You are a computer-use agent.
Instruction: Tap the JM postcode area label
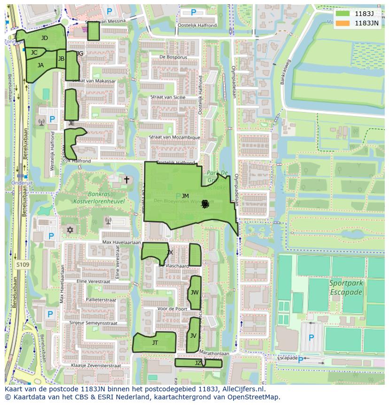click(185, 196)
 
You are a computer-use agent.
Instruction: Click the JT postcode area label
click(155, 343)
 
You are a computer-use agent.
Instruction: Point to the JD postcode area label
click(44, 38)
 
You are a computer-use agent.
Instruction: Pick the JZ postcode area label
click(198, 363)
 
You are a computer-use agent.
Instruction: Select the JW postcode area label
click(194, 293)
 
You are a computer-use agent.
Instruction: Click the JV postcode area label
click(193, 336)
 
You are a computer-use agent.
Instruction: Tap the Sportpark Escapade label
click(346, 287)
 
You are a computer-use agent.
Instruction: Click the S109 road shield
click(22, 265)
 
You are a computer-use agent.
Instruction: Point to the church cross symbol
click(126, 180)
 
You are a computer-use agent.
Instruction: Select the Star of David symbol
click(71, 230)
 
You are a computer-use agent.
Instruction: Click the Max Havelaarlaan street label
click(122, 242)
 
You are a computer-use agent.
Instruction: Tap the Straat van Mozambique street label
click(174, 137)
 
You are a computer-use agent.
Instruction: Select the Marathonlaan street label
click(214, 352)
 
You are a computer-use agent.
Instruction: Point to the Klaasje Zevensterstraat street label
click(96, 365)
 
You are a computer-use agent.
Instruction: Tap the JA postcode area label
click(41, 65)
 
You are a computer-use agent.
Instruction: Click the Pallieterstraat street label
click(101, 300)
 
